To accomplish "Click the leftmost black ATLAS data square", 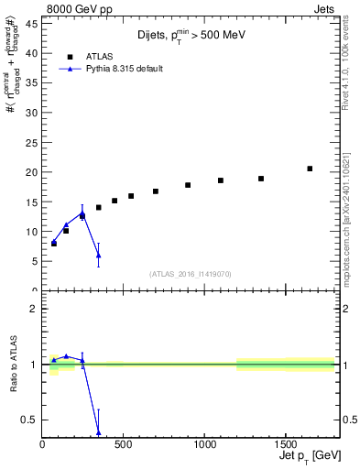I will tap(54, 244).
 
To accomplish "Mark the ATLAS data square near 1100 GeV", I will tap(221, 180).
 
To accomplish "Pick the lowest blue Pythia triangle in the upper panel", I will tap(98, 255).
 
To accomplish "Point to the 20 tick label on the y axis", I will tap(31, 172).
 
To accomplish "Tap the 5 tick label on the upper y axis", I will tap(34, 261).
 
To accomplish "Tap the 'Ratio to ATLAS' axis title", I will tap(14, 365).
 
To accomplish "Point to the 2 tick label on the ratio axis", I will tap(34, 309).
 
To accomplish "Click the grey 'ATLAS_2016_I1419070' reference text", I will tap(191, 273).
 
